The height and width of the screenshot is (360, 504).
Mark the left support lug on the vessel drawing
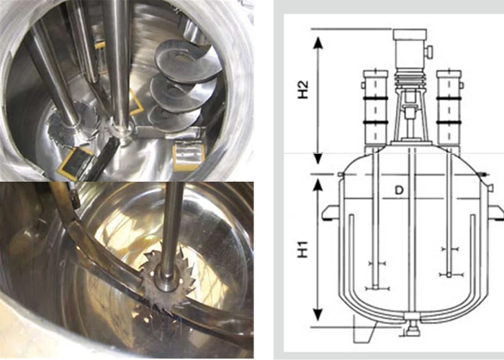tap(330, 211)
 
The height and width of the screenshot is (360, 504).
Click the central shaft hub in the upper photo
tap(122, 130)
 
